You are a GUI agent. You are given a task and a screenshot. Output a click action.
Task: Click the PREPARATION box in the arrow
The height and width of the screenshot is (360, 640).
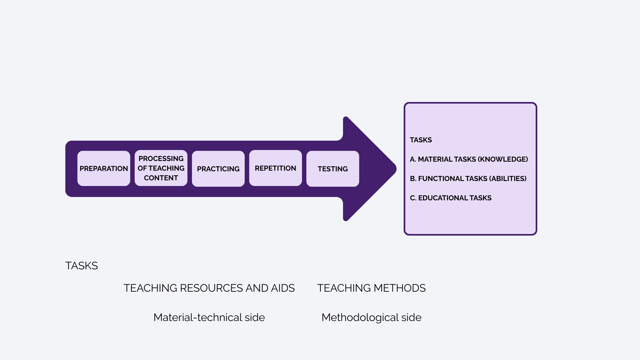[104, 168]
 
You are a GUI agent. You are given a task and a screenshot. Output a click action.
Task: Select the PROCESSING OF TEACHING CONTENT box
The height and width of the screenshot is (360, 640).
[161, 168]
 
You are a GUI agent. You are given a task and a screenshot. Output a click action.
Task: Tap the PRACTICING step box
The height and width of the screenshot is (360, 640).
[218, 169]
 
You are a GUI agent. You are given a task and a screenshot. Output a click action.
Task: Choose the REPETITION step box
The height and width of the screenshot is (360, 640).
[275, 168]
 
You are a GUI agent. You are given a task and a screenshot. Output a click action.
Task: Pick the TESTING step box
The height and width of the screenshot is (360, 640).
[333, 169]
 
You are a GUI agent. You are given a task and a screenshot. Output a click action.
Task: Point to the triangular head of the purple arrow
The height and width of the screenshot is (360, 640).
[373, 169]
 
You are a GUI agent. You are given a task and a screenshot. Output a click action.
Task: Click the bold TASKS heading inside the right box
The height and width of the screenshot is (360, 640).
[421, 140]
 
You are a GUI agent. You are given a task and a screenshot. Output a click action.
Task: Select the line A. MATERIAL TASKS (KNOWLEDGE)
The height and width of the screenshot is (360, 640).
[469, 159]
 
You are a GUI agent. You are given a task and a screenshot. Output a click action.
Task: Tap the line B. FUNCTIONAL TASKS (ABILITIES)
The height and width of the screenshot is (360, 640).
[468, 179]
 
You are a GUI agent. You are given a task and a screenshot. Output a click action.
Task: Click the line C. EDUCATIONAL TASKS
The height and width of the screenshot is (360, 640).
[451, 198]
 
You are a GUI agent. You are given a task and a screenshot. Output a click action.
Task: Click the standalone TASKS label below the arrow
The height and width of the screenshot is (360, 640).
[82, 266]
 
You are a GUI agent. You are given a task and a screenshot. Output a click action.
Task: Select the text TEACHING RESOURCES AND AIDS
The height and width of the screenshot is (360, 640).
[209, 288]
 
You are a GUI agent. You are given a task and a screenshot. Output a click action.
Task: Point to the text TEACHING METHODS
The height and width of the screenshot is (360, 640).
[371, 288]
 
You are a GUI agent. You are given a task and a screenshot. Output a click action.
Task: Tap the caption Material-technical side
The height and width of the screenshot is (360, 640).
[209, 317]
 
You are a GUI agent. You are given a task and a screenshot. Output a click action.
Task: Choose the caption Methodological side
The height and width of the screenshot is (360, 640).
[371, 317]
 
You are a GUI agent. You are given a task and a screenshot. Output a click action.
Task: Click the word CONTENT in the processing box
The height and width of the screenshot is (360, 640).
[161, 178]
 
